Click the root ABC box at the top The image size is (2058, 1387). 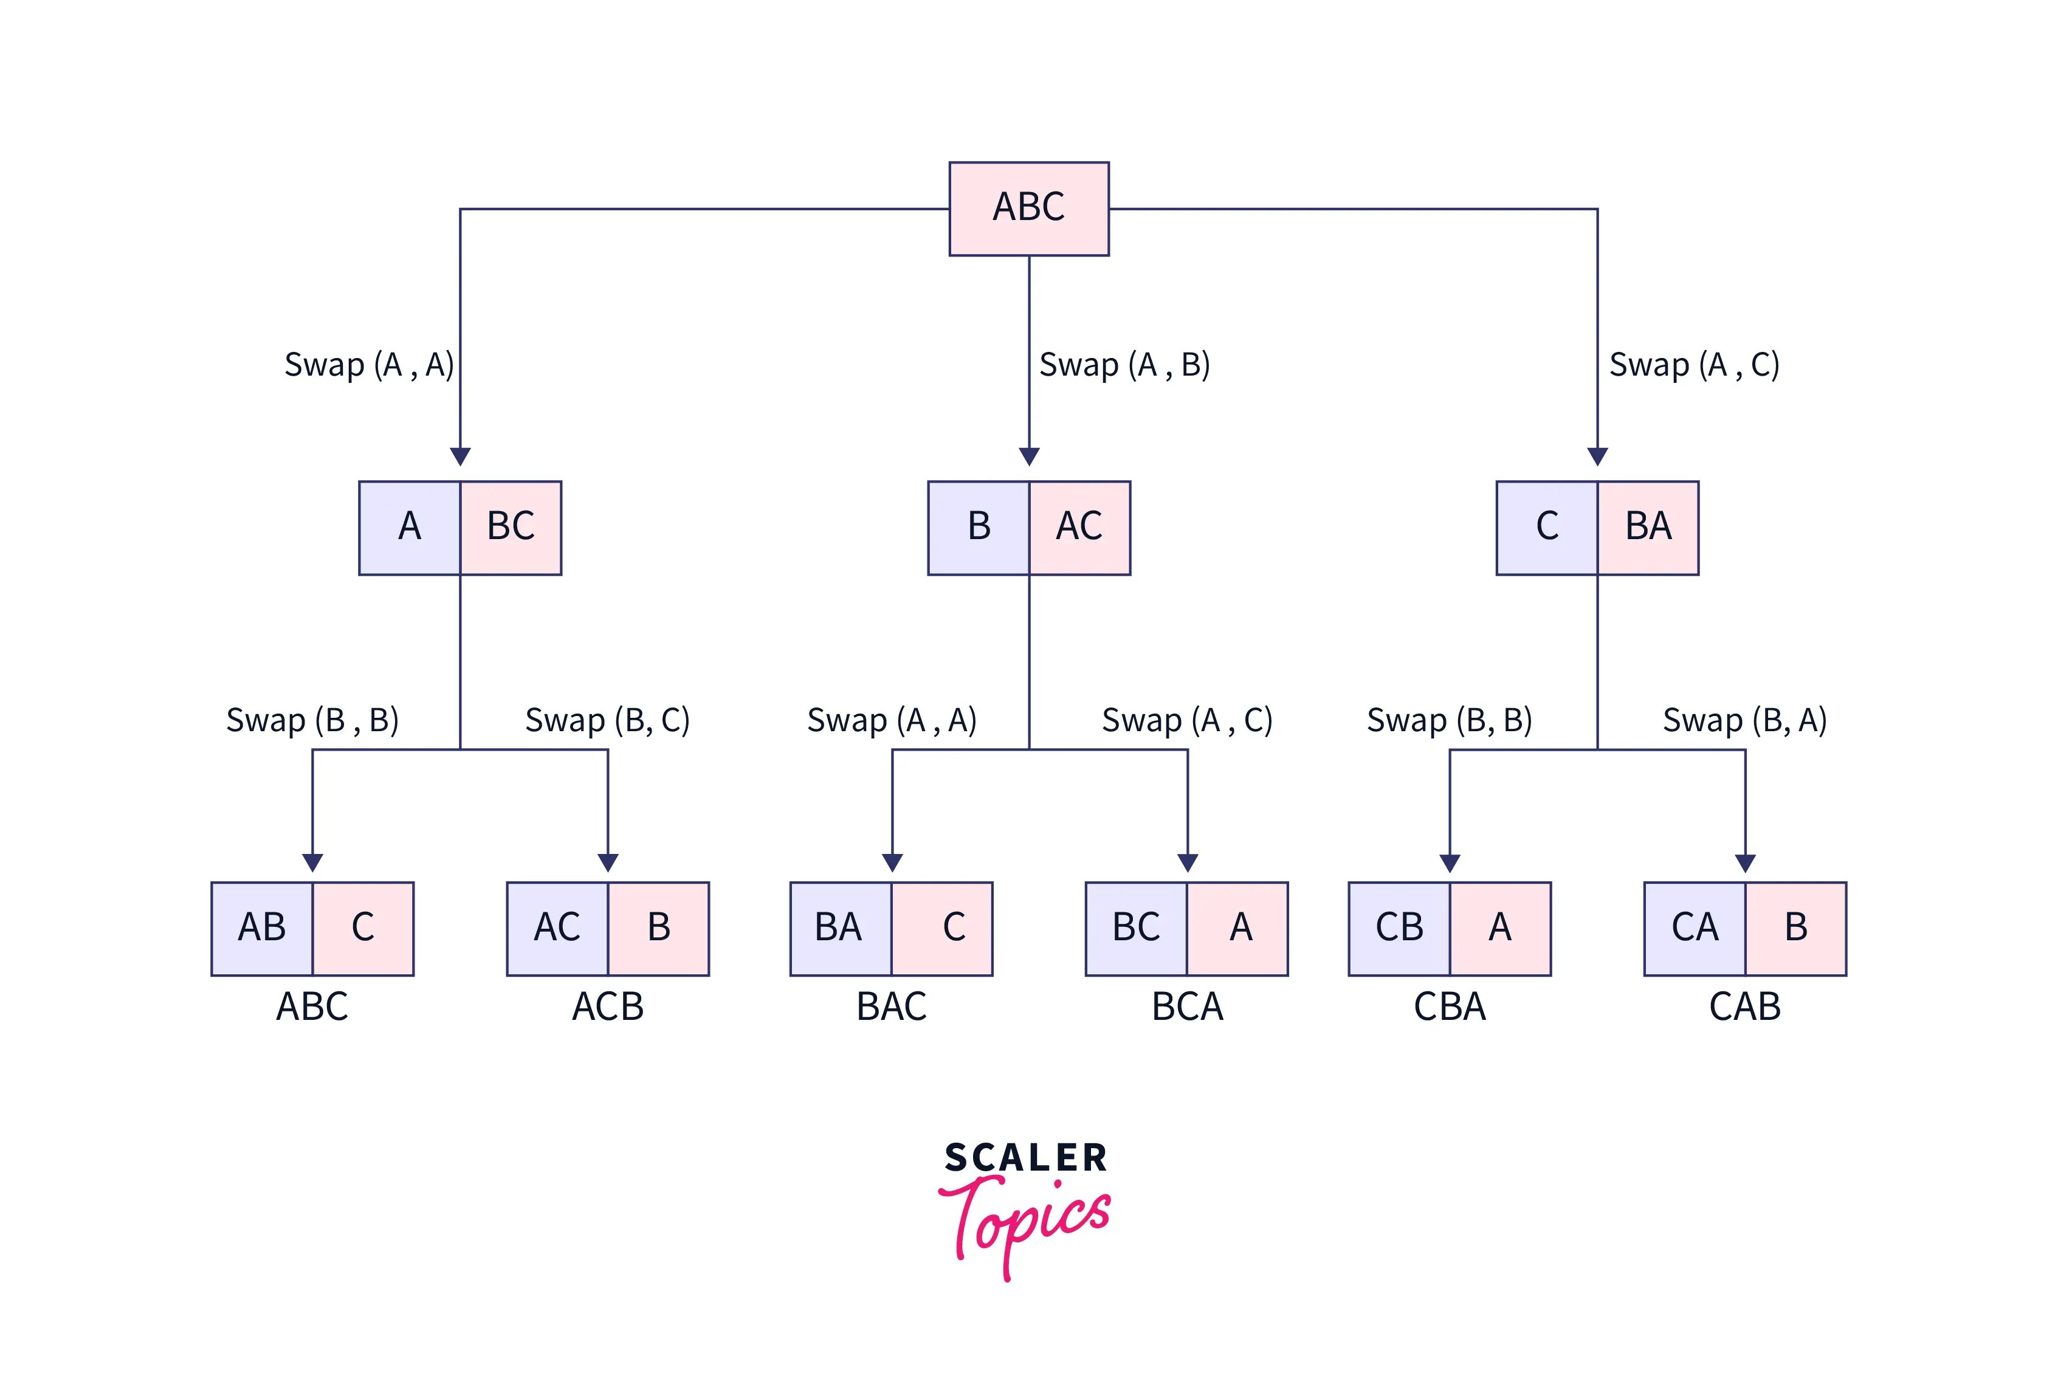pyautogui.click(x=1028, y=208)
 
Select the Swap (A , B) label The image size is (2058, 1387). pyautogui.click(x=1123, y=365)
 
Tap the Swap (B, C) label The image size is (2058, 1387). pyautogui.click(x=607, y=720)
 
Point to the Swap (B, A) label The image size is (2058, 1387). pyautogui.click(x=1744, y=720)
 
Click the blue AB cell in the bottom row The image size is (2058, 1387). pyautogui.click(x=262, y=928)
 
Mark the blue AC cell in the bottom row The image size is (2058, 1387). pyautogui.click(x=557, y=928)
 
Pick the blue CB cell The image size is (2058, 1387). pyautogui.click(x=1399, y=928)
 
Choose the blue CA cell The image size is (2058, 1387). pyautogui.click(x=1695, y=928)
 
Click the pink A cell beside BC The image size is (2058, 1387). pyautogui.click(x=1238, y=928)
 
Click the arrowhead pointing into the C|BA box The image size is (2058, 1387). pyautogui.click(x=1597, y=456)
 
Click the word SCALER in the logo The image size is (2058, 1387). pyautogui.click(x=1026, y=1158)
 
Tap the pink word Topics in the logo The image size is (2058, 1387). pyautogui.click(x=1026, y=1220)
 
